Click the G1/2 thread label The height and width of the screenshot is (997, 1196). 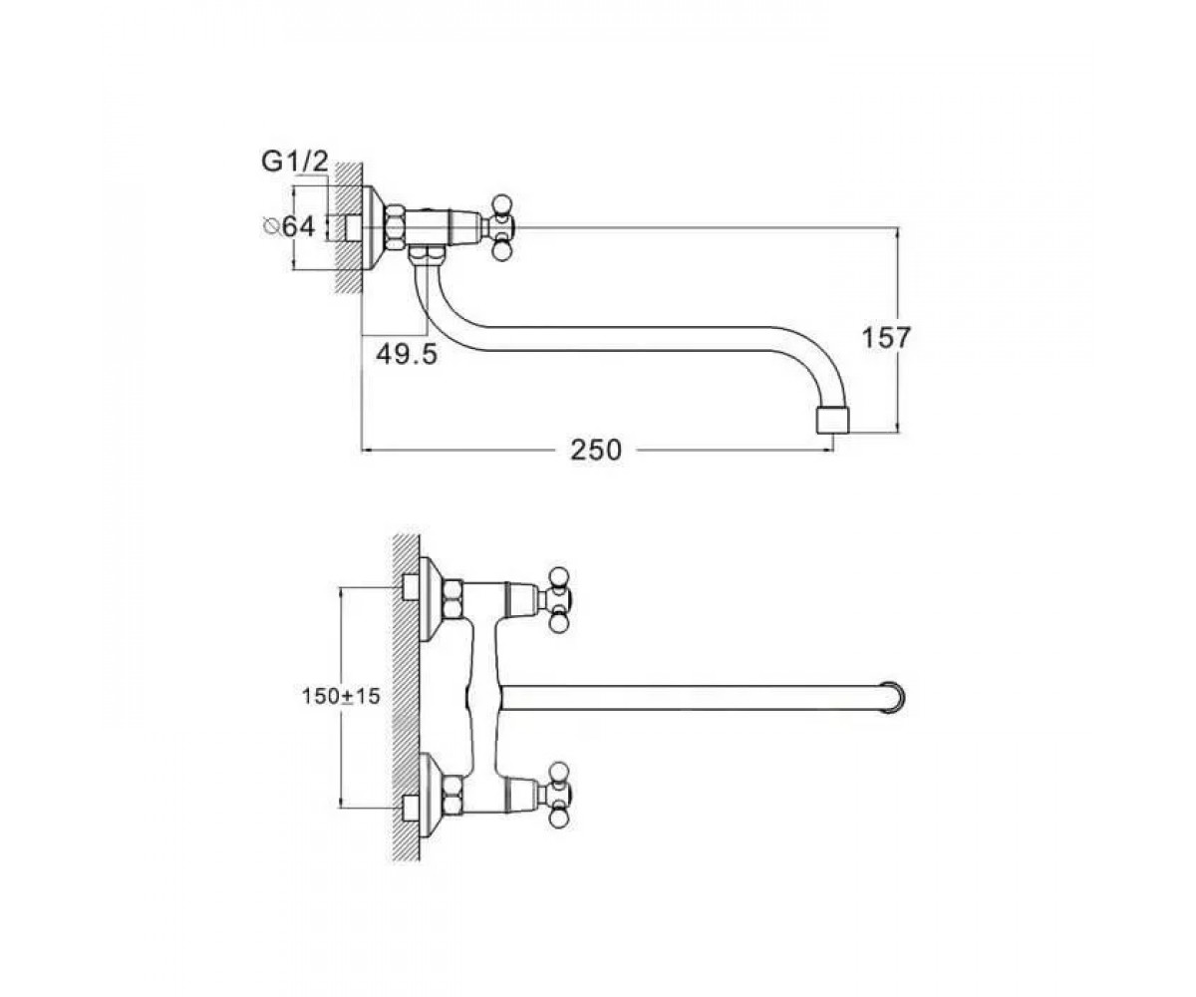(295, 163)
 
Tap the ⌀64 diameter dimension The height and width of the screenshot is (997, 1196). (289, 227)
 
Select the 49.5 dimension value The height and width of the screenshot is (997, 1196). (407, 355)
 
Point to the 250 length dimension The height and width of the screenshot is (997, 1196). (596, 451)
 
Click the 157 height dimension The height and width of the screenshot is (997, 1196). (887, 338)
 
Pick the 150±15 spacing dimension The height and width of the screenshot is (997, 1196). (341, 696)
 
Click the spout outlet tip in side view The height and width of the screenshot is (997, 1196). (832, 421)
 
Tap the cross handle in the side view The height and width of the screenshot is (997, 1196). (501, 228)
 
